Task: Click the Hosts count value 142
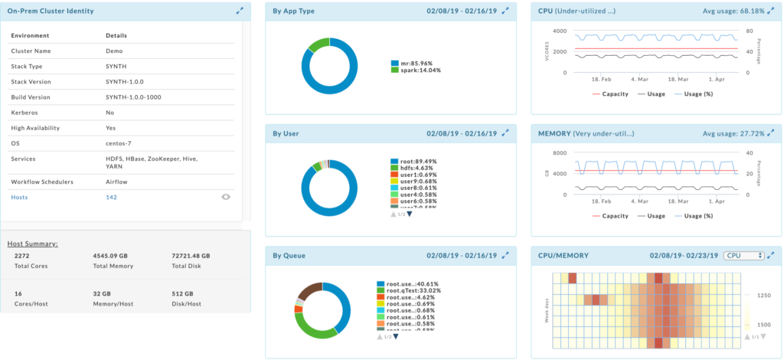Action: pos(111,197)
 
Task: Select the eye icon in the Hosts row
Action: pos(226,197)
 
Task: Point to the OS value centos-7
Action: pos(119,143)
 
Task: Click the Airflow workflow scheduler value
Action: pos(117,182)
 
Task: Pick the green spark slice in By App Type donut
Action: pos(318,44)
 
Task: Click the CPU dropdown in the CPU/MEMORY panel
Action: pos(743,255)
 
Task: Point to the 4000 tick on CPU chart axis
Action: pos(558,31)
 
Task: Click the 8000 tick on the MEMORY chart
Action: pos(558,152)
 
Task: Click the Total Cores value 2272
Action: pos(22,257)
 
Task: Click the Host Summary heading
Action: pos(33,244)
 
